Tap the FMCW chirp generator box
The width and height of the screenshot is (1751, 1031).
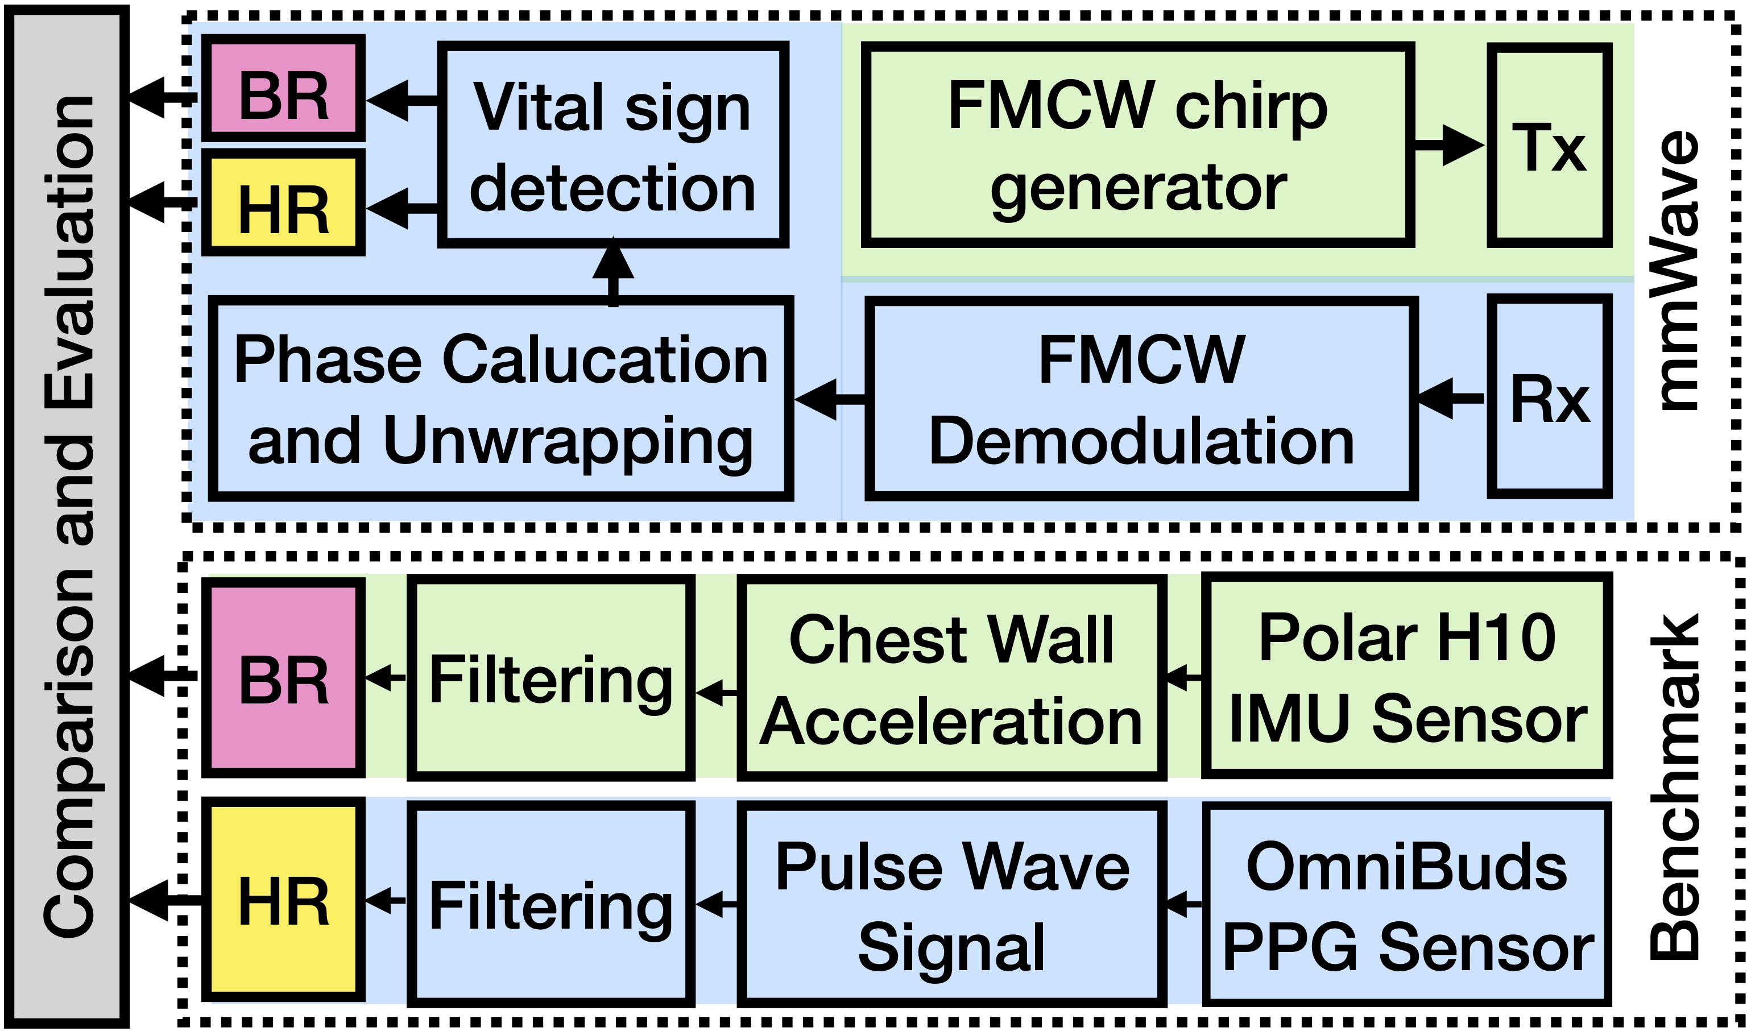1137,145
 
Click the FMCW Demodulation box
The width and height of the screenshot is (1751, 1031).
1141,399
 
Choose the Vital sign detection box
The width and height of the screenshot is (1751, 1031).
613,145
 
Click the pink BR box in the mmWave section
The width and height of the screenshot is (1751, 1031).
284,88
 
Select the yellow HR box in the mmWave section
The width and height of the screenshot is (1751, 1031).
284,203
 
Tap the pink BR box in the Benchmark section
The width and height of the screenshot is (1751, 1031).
284,678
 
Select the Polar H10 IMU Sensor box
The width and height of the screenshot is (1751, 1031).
1406,677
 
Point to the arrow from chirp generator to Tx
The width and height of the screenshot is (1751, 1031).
1449,145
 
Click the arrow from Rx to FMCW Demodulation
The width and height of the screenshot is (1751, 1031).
1451,398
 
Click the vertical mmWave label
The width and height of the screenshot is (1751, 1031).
1676,271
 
